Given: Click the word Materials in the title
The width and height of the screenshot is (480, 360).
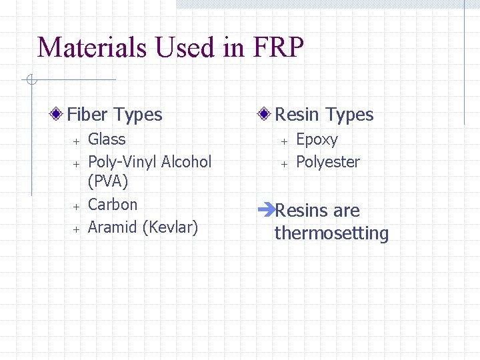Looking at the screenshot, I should (93, 47).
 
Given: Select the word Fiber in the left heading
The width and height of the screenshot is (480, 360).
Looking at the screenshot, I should (87, 115).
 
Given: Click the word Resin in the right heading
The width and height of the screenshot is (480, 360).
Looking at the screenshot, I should (297, 115).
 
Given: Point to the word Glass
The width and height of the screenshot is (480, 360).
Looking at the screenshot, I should (107, 139).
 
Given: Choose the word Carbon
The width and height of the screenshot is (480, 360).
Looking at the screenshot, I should (113, 205).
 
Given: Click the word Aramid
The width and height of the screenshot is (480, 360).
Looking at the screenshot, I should (113, 227).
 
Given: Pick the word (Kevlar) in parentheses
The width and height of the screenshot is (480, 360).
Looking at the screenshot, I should (171, 227).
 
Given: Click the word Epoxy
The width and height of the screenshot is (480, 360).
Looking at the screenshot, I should (317, 140).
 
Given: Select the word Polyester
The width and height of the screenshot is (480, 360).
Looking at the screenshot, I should (327, 162).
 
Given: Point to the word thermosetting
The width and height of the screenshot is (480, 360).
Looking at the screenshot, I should (331, 233).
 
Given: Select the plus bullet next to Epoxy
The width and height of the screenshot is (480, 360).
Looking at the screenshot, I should (283, 141).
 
